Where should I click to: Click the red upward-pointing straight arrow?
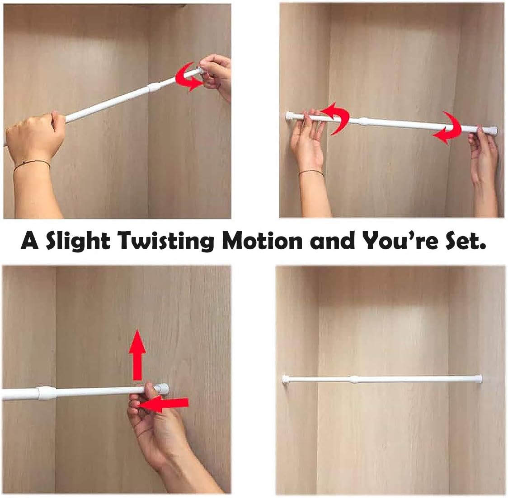tap(138, 355)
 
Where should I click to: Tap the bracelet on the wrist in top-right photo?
tap(311, 173)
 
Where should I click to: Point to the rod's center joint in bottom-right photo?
tap(354, 379)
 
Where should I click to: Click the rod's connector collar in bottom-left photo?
tap(45, 393)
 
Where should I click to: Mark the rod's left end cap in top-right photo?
tap(288, 116)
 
